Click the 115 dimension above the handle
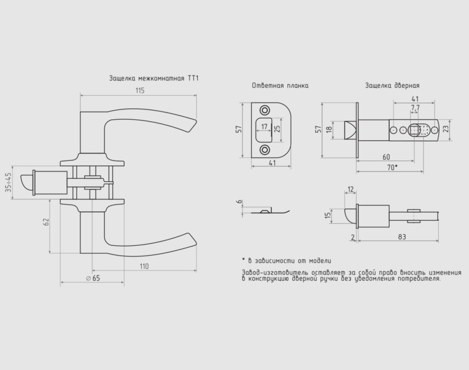tap(140, 90)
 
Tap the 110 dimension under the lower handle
tap(144, 266)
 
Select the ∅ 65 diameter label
tap(93, 278)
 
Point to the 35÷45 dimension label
tap(9, 183)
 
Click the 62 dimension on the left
tap(46, 222)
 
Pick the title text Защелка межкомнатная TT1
tap(153, 79)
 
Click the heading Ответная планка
tap(280, 85)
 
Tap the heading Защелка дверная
tap(392, 85)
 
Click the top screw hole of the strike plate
tap(265, 110)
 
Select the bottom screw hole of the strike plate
tap(265, 149)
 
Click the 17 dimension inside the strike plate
tap(264, 127)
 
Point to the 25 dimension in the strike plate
tap(277, 128)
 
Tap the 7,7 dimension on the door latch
tap(415, 108)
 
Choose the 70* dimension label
tap(392, 168)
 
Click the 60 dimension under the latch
tap(386, 157)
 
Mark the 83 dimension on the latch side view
tap(402, 237)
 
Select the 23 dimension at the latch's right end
tap(446, 128)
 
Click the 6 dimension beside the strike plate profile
tap(239, 202)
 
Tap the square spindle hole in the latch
tap(414, 130)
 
